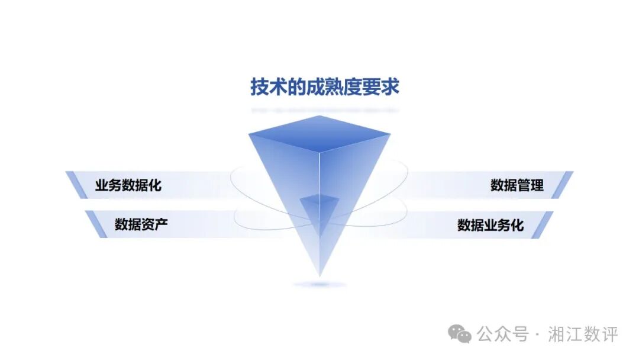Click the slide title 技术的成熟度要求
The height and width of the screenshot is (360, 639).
[325, 88]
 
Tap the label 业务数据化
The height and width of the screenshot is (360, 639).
[128, 185]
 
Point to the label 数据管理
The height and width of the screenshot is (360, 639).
[517, 185]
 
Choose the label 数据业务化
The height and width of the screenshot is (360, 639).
[490, 225]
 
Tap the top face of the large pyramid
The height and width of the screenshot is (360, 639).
[319, 134]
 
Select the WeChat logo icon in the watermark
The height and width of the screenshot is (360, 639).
[460, 334]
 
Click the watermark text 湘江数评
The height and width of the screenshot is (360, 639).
[583, 334]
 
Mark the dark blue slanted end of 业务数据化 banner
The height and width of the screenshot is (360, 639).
[73, 185]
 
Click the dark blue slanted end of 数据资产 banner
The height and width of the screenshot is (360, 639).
[92, 224]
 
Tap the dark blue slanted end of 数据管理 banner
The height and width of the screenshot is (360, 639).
[566, 185]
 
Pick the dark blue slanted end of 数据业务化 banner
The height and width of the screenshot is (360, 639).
[546, 224]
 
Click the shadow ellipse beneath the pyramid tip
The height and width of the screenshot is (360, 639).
[320, 285]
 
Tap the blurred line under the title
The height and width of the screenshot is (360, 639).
[324, 110]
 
